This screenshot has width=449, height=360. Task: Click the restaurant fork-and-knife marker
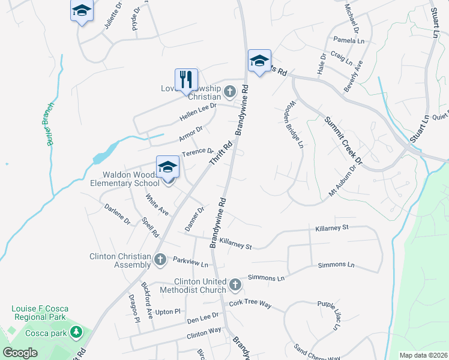click(186, 79)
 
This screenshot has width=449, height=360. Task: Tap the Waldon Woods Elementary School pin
click(167, 166)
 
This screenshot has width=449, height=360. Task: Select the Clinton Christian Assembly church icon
click(160, 259)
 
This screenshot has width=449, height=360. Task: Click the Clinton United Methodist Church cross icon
click(235, 283)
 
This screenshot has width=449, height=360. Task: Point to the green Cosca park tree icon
click(76, 332)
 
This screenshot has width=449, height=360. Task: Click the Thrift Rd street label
click(220, 154)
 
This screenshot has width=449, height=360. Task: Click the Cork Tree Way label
click(250, 304)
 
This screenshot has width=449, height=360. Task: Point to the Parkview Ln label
click(190, 263)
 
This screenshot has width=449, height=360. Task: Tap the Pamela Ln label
click(349, 40)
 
